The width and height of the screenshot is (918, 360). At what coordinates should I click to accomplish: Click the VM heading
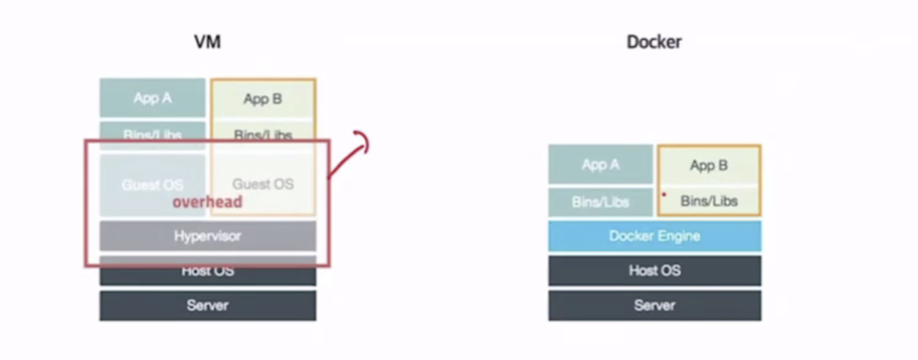pyautogui.click(x=207, y=42)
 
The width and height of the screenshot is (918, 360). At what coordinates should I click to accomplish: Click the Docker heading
pyautogui.click(x=654, y=42)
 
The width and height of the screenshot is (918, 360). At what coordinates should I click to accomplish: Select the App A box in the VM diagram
pyautogui.click(x=153, y=98)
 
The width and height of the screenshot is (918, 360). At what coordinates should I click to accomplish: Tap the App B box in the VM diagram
pyautogui.click(x=263, y=99)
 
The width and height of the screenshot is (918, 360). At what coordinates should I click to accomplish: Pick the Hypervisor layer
pyautogui.click(x=207, y=235)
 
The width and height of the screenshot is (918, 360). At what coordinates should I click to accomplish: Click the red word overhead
pyautogui.click(x=207, y=202)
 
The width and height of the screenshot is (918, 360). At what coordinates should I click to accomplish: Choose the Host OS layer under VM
pyautogui.click(x=207, y=272)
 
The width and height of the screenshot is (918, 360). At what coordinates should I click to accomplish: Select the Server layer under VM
pyautogui.click(x=207, y=305)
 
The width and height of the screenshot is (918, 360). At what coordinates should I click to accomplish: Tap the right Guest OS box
pyautogui.click(x=263, y=184)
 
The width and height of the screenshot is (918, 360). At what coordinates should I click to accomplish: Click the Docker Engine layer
pyautogui.click(x=654, y=236)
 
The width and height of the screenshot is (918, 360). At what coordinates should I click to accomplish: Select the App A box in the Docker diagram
pyautogui.click(x=600, y=164)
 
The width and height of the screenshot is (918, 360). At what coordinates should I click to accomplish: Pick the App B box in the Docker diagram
pyautogui.click(x=708, y=165)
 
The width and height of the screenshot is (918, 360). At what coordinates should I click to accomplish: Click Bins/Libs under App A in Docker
pyautogui.click(x=600, y=202)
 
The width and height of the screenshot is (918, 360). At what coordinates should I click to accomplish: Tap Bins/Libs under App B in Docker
pyautogui.click(x=708, y=201)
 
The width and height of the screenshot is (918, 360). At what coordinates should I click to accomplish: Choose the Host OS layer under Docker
pyautogui.click(x=654, y=270)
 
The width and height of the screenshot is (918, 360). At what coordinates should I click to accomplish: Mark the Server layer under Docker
pyautogui.click(x=654, y=305)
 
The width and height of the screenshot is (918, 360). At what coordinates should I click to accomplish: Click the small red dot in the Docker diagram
pyautogui.click(x=663, y=194)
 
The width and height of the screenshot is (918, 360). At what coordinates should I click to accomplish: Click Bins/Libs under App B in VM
pyautogui.click(x=263, y=134)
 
